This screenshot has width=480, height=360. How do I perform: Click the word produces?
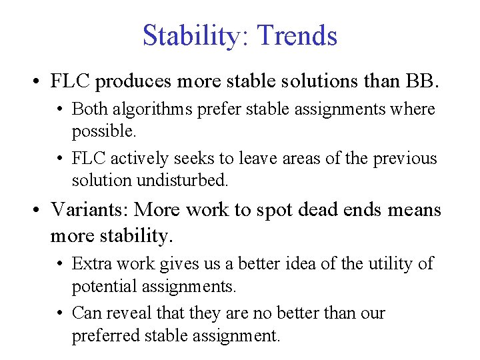click(x=133, y=81)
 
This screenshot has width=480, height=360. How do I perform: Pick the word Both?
click(x=89, y=108)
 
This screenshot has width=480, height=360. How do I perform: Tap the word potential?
click(x=101, y=287)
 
